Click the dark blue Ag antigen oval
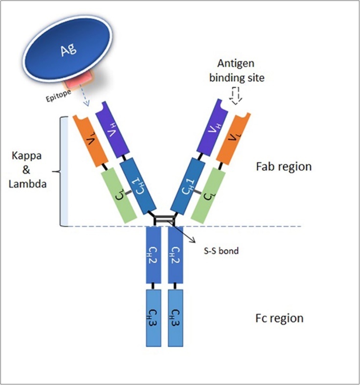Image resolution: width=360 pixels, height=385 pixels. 68,49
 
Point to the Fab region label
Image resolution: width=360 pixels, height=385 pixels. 284,166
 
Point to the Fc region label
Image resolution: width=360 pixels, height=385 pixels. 280,318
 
